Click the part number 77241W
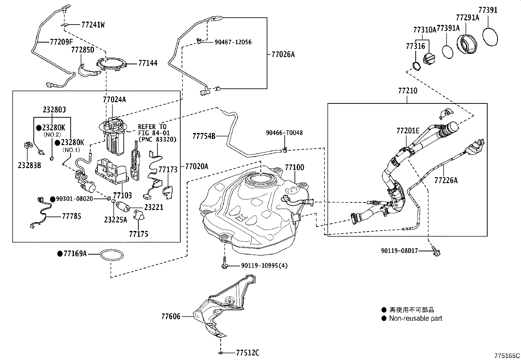pyautogui.click(x=93, y=25)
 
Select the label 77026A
pyautogui.click(x=283, y=54)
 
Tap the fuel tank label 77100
pyautogui.click(x=294, y=167)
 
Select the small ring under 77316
pyautogui.click(x=416, y=66)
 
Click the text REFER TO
pyautogui.click(x=152, y=127)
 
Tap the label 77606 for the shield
pyautogui.click(x=171, y=316)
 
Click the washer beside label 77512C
pyautogui.click(x=221, y=353)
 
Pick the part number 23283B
pyautogui.click(x=29, y=165)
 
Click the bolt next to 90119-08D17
pyautogui.click(x=437, y=251)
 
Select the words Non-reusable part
pyautogui.click(x=415, y=318)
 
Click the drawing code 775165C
pyautogui.click(x=507, y=355)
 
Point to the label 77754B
pyautogui.click(x=204, y=136)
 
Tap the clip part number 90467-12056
pyautogui.click(x=233, y=42)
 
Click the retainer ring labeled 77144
pyautogui.click(x=111, y=64)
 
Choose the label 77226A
pyautogui.click(x=446, y=180)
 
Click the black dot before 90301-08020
pyautogui.click(x=52, y=199)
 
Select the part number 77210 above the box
pyautogui.click(x=407, y=91)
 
